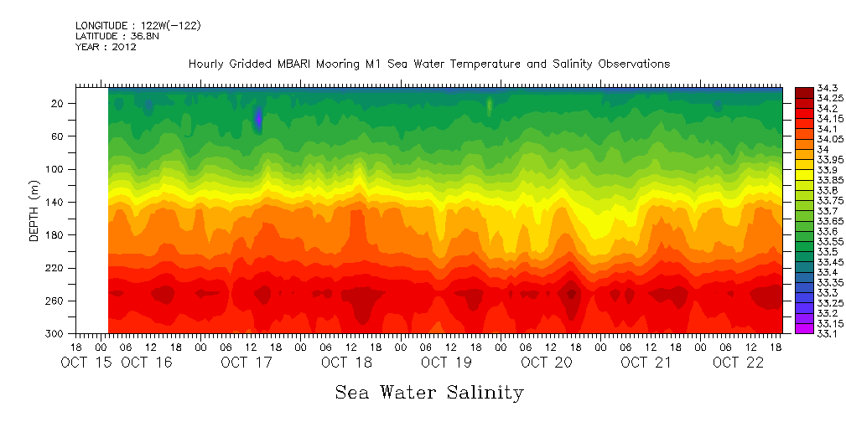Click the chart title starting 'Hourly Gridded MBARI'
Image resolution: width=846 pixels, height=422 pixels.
point(429,64)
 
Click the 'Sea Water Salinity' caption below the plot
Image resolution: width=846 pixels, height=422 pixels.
point(429,392)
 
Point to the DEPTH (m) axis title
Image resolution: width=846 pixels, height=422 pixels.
point(34,213)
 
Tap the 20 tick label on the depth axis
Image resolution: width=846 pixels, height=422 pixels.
point(59,104)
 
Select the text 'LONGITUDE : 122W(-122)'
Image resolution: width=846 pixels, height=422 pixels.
point(138,26)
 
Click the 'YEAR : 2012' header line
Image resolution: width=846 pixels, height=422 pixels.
point(106,47)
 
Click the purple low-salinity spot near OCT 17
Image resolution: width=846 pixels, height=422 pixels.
point(258,117)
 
